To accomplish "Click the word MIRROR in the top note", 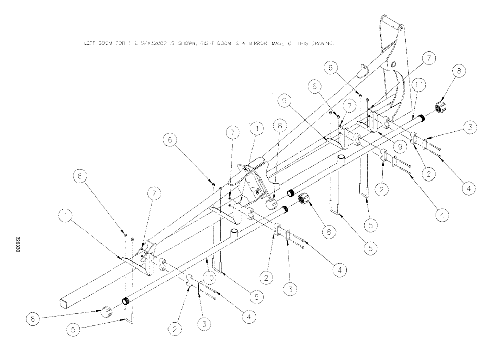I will [x=235, y=44].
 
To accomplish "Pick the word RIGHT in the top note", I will [x=191, y=44].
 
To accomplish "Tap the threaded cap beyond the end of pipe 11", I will [x=442, y=107].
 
